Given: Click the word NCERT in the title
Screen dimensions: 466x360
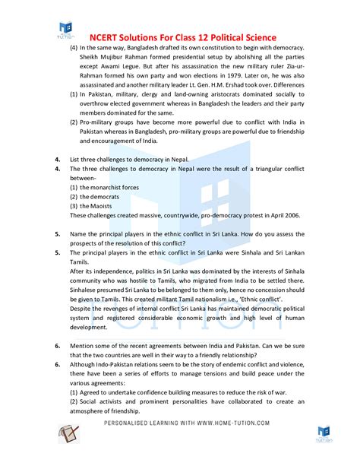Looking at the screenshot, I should pos(109,37).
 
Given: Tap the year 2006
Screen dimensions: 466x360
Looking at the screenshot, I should pos(291,215).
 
